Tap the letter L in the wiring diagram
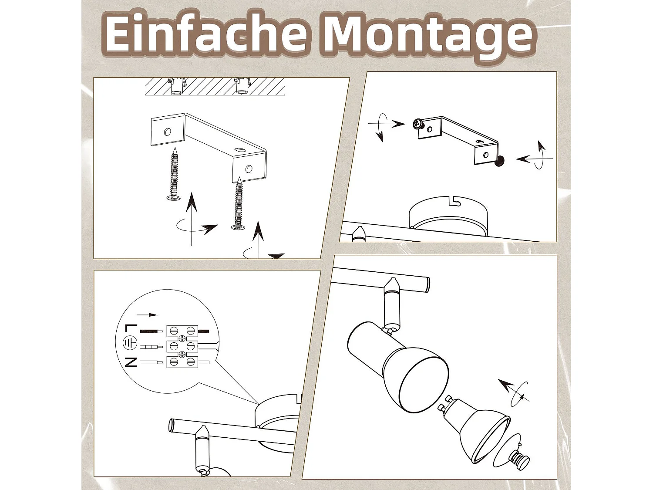[131, 329]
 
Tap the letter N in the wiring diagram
[131, 362]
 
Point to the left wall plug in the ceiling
[177, 86]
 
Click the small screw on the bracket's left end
[418, 124]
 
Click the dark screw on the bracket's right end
[501, 162]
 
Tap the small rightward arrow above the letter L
[147, 314]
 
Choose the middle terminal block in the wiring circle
[182, 346]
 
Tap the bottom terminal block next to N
[182, 362]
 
